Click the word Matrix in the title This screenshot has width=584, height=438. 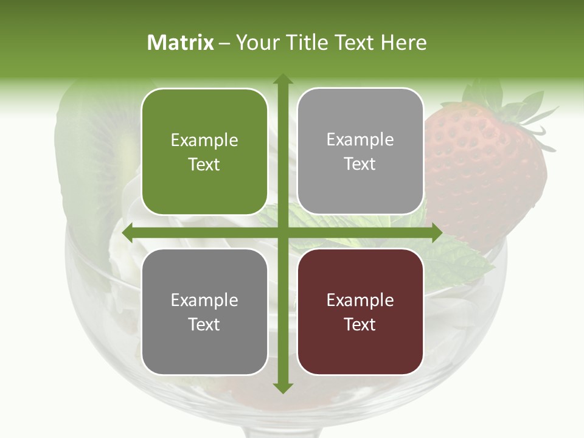click(181, 43)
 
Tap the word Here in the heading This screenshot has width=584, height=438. click(403, 43)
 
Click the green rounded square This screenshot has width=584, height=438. click(204, 151)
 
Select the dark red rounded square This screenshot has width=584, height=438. click(360, 311)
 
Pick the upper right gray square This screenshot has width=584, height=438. click(360, 151)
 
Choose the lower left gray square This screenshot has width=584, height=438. click(204, 311)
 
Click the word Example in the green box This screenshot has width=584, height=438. click(204, 140)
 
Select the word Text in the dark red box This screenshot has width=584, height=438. click(360, 324)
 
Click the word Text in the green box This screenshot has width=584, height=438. click(204, 164)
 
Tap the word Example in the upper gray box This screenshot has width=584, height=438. click(360, 139)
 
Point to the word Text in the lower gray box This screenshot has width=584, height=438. click(204, 324)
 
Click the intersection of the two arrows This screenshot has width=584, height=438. click(282, 232)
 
